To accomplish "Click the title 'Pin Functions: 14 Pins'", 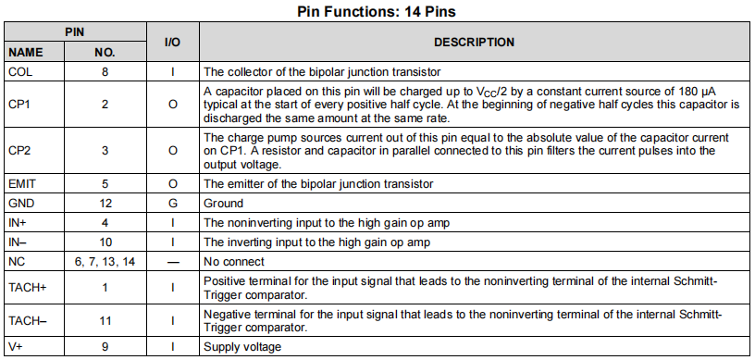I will [377, 12].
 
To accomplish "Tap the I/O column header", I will [172, 43].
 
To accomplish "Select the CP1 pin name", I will [19, 105].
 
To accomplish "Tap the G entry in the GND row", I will [172, 204].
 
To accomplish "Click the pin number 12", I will [105, 204].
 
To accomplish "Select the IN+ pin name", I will [18, 223].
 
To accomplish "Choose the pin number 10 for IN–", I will [105, 242].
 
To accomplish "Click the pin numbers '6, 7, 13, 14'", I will [105, 262].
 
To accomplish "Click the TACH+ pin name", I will [27, 288].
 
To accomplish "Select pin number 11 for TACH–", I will [105, 320].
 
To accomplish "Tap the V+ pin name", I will [16, 347].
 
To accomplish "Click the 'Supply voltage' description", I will [242, 347].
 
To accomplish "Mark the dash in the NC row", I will [172, 262].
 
